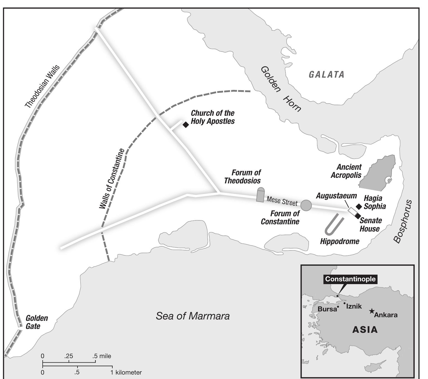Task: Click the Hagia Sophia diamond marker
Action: point(359,206)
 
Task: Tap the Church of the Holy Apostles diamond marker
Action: point(186,125)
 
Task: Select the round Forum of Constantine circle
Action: point(306,205)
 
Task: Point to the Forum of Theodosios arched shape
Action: point(260,195)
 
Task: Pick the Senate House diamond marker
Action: point(358,216)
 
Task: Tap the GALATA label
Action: point(327,75)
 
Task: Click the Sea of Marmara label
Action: point(193,316)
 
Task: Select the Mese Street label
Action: point(282,201)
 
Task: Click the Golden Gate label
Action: point(37,322)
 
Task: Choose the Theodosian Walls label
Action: point(42,87)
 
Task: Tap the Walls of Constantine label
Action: point(112,179)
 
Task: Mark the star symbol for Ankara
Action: point(372,311)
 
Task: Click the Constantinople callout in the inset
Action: point(350,279)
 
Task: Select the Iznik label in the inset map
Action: point(354,306)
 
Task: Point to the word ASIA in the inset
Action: point(365,330)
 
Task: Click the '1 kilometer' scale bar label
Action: point(126,372)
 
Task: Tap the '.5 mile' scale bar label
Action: point(102,356)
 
